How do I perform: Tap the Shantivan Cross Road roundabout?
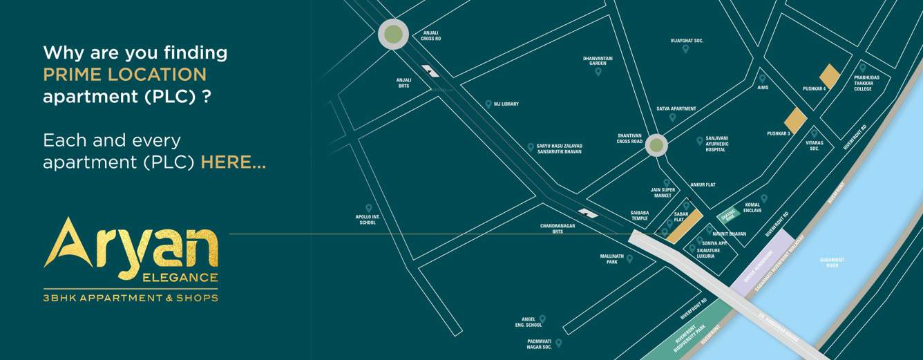[656, 145]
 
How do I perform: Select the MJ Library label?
[506, 104]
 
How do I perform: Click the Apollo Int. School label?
[368, 220]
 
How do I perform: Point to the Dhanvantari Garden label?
[598, 61]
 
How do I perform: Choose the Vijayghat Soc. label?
[687, 41]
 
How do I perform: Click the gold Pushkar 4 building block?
[829, 76]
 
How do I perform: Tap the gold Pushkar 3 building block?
[795, 121]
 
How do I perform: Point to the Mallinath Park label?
[611, 259]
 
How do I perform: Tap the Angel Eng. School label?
[529, 322]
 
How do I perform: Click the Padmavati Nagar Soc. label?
[540, 344]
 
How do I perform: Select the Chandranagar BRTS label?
[551, 229]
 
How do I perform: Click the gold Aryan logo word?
[131, 246]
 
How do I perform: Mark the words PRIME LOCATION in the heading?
[124, 75]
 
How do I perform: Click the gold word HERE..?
[233, 163]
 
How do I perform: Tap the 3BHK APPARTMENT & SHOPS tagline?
[131, 298]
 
